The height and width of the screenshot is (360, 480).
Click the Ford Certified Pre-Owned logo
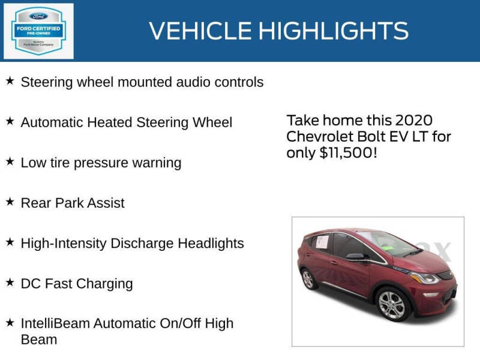click(38, 31)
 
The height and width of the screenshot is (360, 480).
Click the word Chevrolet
click(320, 136)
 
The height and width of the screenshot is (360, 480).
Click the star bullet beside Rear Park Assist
click(10, 202)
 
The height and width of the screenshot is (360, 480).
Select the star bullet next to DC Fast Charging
click(10, 282)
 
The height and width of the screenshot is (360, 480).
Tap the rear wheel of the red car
click(308, 279)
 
